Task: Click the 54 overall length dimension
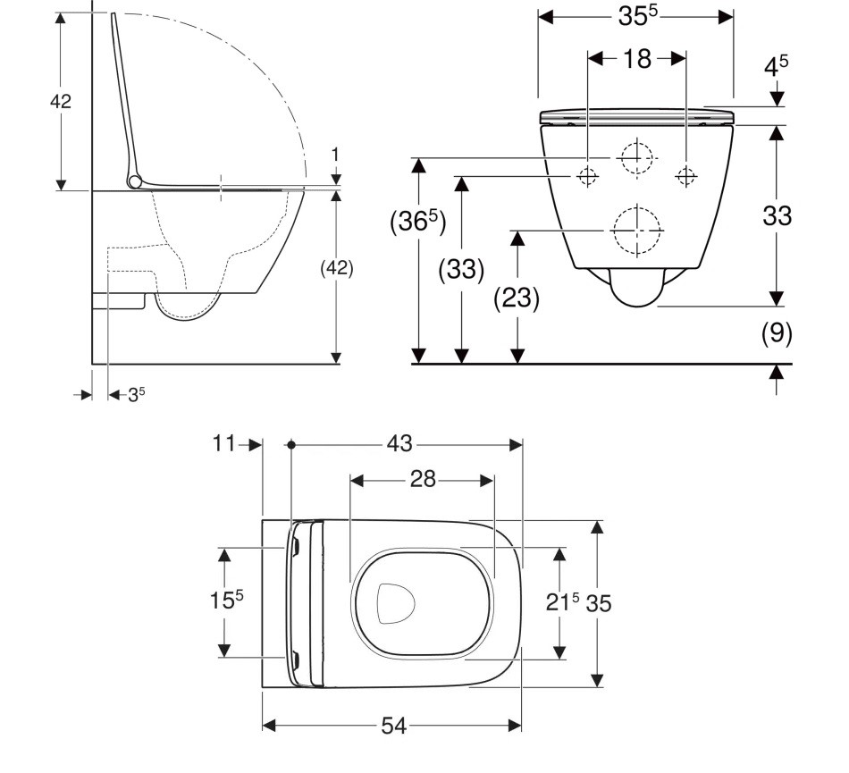(393, 727)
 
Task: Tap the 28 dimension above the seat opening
(423, 480)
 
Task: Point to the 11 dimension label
(224, 443)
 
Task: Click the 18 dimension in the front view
(636, 59)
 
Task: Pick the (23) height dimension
(517, 298)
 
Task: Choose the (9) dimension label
(777, 333)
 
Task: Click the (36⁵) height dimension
(417, 223)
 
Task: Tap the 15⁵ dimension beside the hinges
(226, 601)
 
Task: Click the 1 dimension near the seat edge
(335, 154)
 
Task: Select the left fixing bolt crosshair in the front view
(587, 176)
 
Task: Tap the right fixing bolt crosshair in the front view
(685, 176)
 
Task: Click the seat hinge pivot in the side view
(135, 181)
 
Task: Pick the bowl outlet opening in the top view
(397, 603)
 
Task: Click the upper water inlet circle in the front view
(635, 157)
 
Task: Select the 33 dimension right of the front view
(777, 215)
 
